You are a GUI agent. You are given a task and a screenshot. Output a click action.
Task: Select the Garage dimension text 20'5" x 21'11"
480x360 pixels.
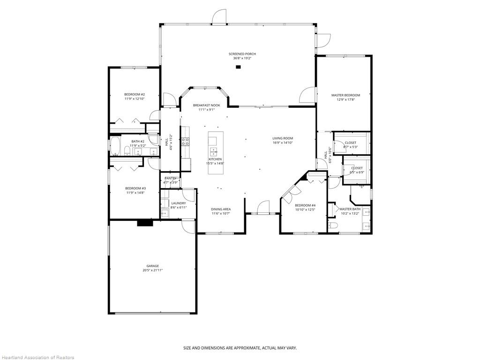[153, 270]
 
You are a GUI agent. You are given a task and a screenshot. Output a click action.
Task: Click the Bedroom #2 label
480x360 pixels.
[135, 94]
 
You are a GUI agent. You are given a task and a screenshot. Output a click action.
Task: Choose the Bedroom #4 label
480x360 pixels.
[305, 205]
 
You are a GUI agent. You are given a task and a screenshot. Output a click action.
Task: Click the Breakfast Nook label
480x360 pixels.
[206, 105]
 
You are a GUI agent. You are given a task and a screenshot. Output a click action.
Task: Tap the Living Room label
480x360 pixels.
[283, 138]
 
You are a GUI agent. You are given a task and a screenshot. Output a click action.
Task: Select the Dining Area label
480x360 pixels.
[220, 209]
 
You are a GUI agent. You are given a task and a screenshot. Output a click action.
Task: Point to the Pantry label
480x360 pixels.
[170, 178]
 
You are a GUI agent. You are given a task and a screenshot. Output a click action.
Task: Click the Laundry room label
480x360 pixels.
[179, 203]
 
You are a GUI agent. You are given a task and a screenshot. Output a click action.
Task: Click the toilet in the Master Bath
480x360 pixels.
[333, 225]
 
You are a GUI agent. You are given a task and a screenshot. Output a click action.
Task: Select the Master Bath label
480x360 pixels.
[350, 209]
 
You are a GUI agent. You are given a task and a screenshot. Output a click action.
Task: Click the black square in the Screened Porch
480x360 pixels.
[238, 67]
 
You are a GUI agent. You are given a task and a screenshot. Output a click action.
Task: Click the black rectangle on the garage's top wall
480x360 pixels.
[145, 223]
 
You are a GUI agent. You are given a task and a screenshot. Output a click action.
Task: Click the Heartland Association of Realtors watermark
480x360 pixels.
[37, 358]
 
